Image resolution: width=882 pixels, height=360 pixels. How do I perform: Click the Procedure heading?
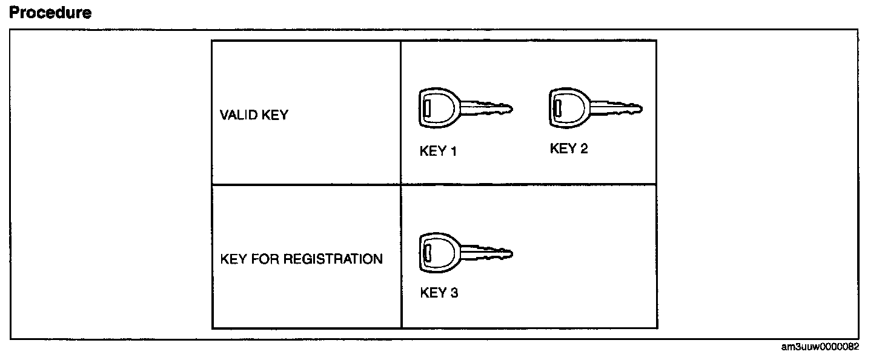(x=50, y=13)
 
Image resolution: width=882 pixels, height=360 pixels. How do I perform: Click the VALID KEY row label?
(x=254, y=115)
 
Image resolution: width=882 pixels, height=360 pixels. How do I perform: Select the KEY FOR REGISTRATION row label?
(x=301, y=259)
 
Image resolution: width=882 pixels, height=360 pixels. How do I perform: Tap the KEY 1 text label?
(x=438, y=152)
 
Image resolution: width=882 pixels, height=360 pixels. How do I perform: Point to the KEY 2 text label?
(x=569, y=148)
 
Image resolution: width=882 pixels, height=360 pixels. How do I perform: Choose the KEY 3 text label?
(x=439, y=293)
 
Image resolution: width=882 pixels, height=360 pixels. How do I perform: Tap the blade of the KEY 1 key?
(x=486, y=109)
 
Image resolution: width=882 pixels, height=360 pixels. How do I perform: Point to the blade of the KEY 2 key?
(x=617, y=110)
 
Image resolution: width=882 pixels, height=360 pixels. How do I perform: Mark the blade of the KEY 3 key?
(x=487, y=253)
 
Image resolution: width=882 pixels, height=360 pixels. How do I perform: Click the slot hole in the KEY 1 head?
(x=426, y=110)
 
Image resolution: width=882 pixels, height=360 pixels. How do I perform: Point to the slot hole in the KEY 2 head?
(x=557, y=109)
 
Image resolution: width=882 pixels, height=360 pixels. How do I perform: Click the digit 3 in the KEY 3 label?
(x=454, y=293)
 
